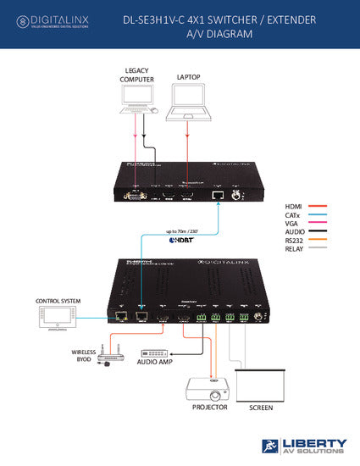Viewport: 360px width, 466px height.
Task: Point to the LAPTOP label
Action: [x=189, y=77]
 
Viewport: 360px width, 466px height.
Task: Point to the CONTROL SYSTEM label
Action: [x=58, y=301]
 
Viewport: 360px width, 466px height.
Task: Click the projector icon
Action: [x=209, y=389]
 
